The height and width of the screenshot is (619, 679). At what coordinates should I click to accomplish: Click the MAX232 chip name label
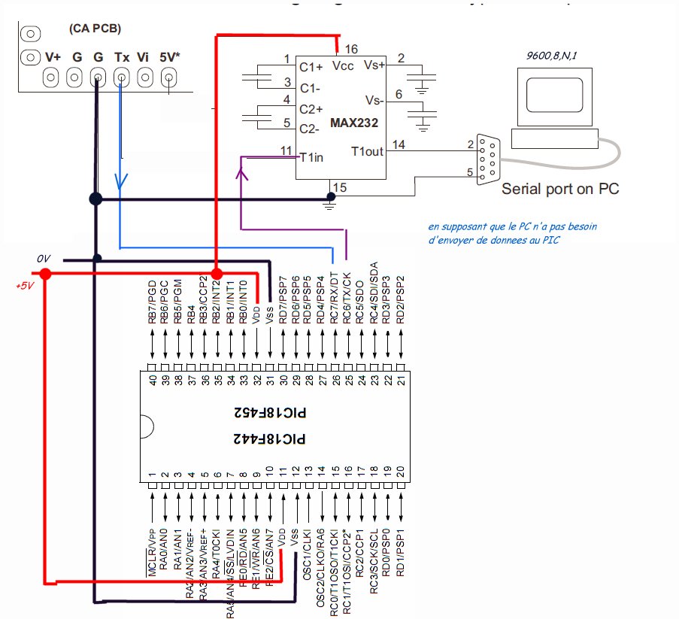point(353,122)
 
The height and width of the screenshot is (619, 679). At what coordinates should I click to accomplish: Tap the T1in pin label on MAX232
point(312,156)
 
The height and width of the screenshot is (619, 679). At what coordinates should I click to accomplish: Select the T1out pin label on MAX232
point(366,151)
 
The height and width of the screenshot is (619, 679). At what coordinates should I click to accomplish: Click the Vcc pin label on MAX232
point(342,65)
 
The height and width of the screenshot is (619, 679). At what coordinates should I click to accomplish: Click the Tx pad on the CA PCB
point(121,77)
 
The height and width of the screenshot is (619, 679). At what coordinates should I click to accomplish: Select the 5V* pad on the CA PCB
point(169,77)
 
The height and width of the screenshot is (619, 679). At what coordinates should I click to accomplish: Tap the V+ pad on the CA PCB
point(52,77)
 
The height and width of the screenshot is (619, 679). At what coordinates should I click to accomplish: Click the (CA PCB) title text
point(95,29)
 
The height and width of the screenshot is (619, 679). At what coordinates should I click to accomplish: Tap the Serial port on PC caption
point(560,189)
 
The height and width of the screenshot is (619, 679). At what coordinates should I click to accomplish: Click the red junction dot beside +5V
point(45,275)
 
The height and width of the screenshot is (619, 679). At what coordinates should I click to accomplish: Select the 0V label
point(44,259)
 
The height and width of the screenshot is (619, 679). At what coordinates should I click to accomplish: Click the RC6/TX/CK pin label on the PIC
point(347,299)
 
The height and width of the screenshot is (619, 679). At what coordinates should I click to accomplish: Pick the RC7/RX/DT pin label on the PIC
point(334,299)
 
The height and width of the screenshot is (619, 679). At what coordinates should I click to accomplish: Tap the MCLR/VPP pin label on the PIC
point(153,552)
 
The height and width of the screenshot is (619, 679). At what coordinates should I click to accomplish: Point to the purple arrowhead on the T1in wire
point(241,173)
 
